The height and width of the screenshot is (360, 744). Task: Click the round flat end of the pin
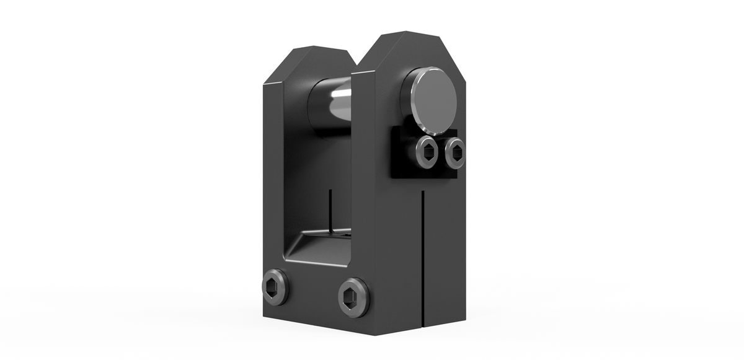pyautogui.click(x=432, y=100)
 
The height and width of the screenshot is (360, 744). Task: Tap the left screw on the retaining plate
pyautogui.click(x=426, y=151)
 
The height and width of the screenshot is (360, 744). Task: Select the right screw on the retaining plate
pyautogui.click(x=454, y=152)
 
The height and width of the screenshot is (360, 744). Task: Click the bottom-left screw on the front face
pyautogui.click(x=275, y=287)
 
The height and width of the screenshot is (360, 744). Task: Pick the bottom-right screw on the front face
pyautogui.click(x=353, y=297)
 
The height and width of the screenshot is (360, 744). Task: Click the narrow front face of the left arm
pyautogui.click(x=273, y=186)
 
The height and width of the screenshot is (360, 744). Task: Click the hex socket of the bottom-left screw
pyautogui.click(x=275, y=287)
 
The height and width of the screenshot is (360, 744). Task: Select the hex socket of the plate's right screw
pyautogui.click(x=454, y=152)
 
